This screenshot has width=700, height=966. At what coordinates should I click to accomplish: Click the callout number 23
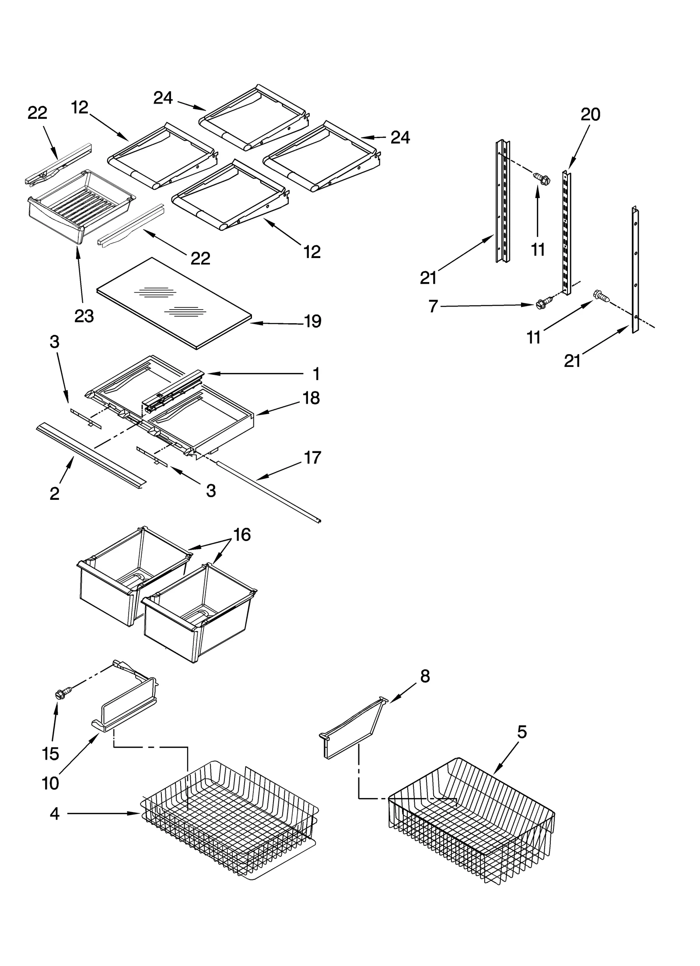point(84,316)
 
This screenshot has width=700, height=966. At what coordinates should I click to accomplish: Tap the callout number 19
point(312,321)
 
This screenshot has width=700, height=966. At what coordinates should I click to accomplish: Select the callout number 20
point(590,115)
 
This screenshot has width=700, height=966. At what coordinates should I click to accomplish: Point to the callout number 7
point(433,307)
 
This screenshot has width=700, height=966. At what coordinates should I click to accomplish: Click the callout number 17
point(312,457)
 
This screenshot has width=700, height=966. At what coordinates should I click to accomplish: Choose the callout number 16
point(242,535)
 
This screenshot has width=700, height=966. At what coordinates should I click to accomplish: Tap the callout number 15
point(51,753)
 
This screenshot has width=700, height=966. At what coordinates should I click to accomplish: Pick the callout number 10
point(51,783)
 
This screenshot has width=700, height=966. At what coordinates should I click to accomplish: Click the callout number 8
point(425,677)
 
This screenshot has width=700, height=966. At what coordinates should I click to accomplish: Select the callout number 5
point(522,732)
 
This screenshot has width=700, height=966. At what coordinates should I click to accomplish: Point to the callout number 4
point(54,814)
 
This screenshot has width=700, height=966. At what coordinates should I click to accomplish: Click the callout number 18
point(311,398)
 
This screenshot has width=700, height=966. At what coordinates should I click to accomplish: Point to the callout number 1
point(316,374)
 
